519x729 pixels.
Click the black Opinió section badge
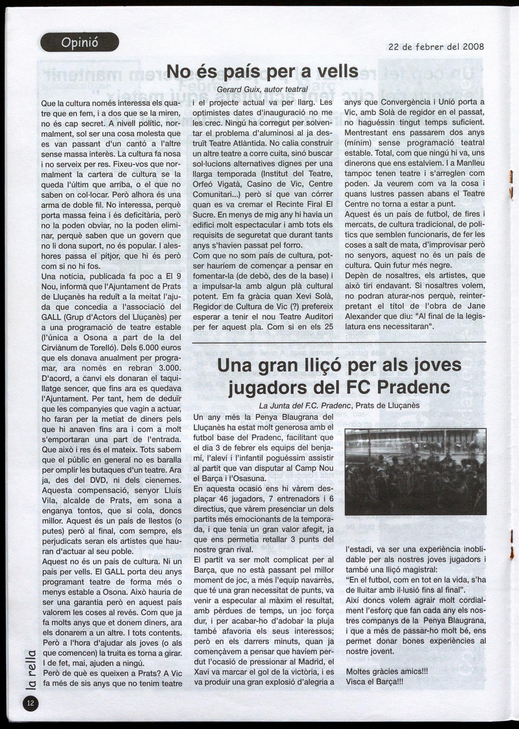point(80,42)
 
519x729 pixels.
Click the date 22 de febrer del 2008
point(436,47)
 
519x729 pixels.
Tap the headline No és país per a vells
point(262,71)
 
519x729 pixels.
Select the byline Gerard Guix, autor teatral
point(262,89)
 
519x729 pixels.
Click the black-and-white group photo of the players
point(415,471)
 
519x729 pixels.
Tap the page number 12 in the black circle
point(31,703)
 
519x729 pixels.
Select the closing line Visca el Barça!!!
point(374,682)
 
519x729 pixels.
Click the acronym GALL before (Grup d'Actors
point(51,317)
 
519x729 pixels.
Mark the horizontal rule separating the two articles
point(339,342)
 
